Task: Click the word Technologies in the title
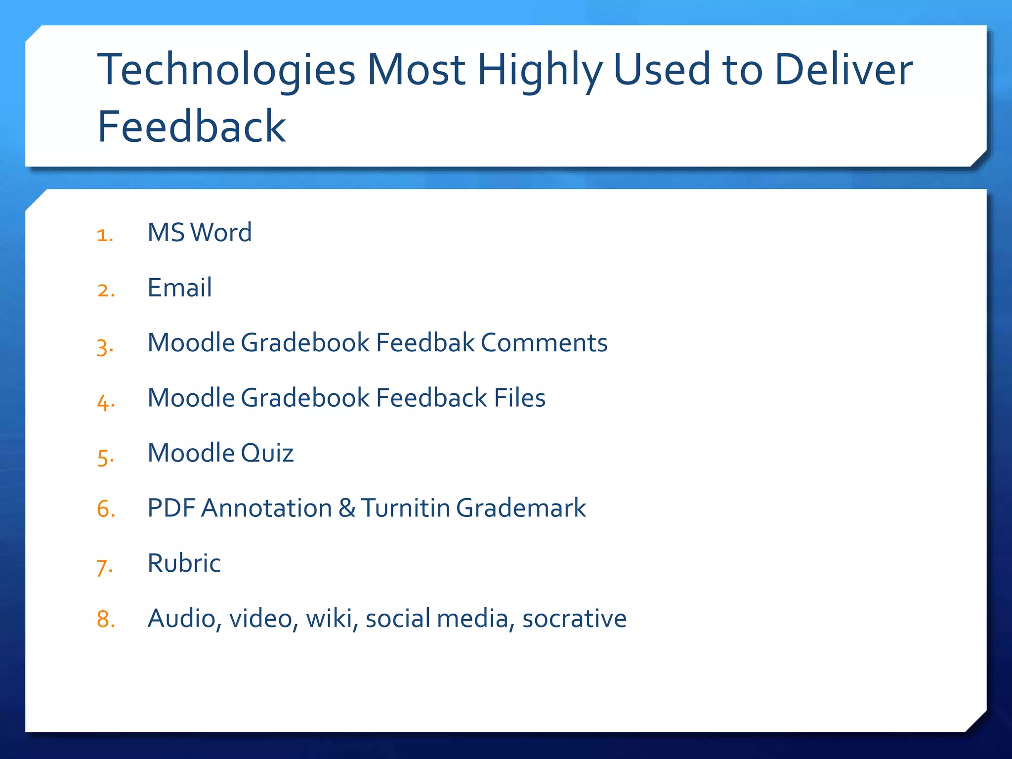pos(226,70)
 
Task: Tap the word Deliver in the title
pos(843,70)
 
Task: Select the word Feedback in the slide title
pos(192,127)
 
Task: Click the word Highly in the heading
pos(540,70)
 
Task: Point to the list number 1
pos(105,235)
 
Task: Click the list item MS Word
pos(200,233)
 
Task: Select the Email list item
pos(180,288)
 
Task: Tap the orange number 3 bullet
pos(105,346)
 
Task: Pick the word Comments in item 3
pos(544,343)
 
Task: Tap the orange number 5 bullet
pos(105,457)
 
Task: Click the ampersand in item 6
pos(347,508)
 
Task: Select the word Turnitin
pos(406,508)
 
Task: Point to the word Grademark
pos(521,508)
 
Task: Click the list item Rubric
pos(184,563)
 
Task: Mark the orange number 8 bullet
pos(106,619)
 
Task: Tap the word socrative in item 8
pos(574,619)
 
